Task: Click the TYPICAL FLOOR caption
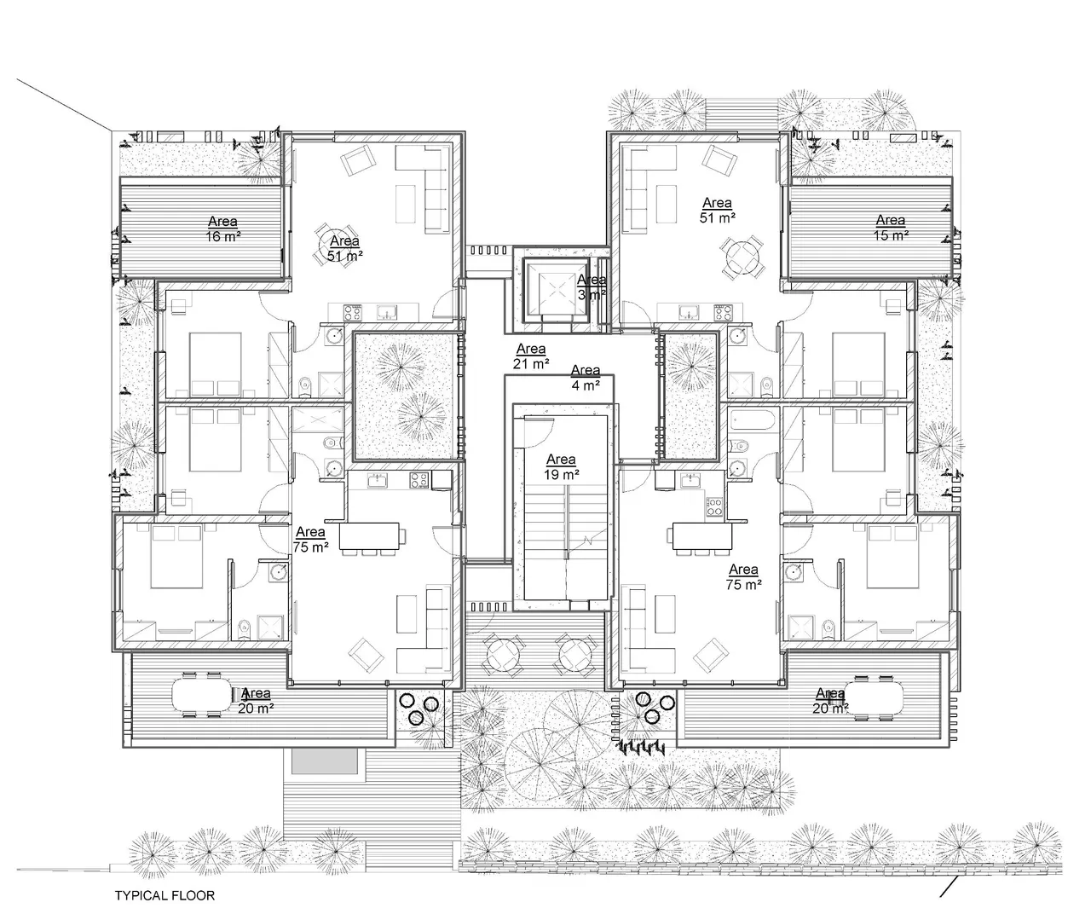pyautogui.click(x=165, y=895)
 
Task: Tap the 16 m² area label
pyautogui.click(x=223, y=228)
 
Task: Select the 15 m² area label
pyautogui.click(x=891, y=228)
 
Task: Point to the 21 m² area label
pyautogui.click(x=531, y=356)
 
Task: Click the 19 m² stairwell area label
pyautogui.click(x=561, y=466)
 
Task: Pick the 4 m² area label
pyautogui.click(x=586, y=378)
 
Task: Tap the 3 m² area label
pyautogui.click(x=592, y=287)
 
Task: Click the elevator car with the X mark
pyautogui.click(x=556, y=291)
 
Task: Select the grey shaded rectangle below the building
pyautogui.click(x=325, y=761)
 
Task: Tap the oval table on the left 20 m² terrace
pyautogui.click(x=202, y=695)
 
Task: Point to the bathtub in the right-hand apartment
pyautogui.click(x=753, y=421)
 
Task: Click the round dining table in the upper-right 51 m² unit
pyautogui.click(x=742, y=256)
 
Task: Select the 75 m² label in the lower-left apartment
pyautogui.click(x=311, y=540)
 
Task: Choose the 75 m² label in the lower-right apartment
pyautogui.click(x=743, y=577)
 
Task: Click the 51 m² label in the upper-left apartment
pyautogui.click(x=345, y=248)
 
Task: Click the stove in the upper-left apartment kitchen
pyautogui.click(x=353, y=313)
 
